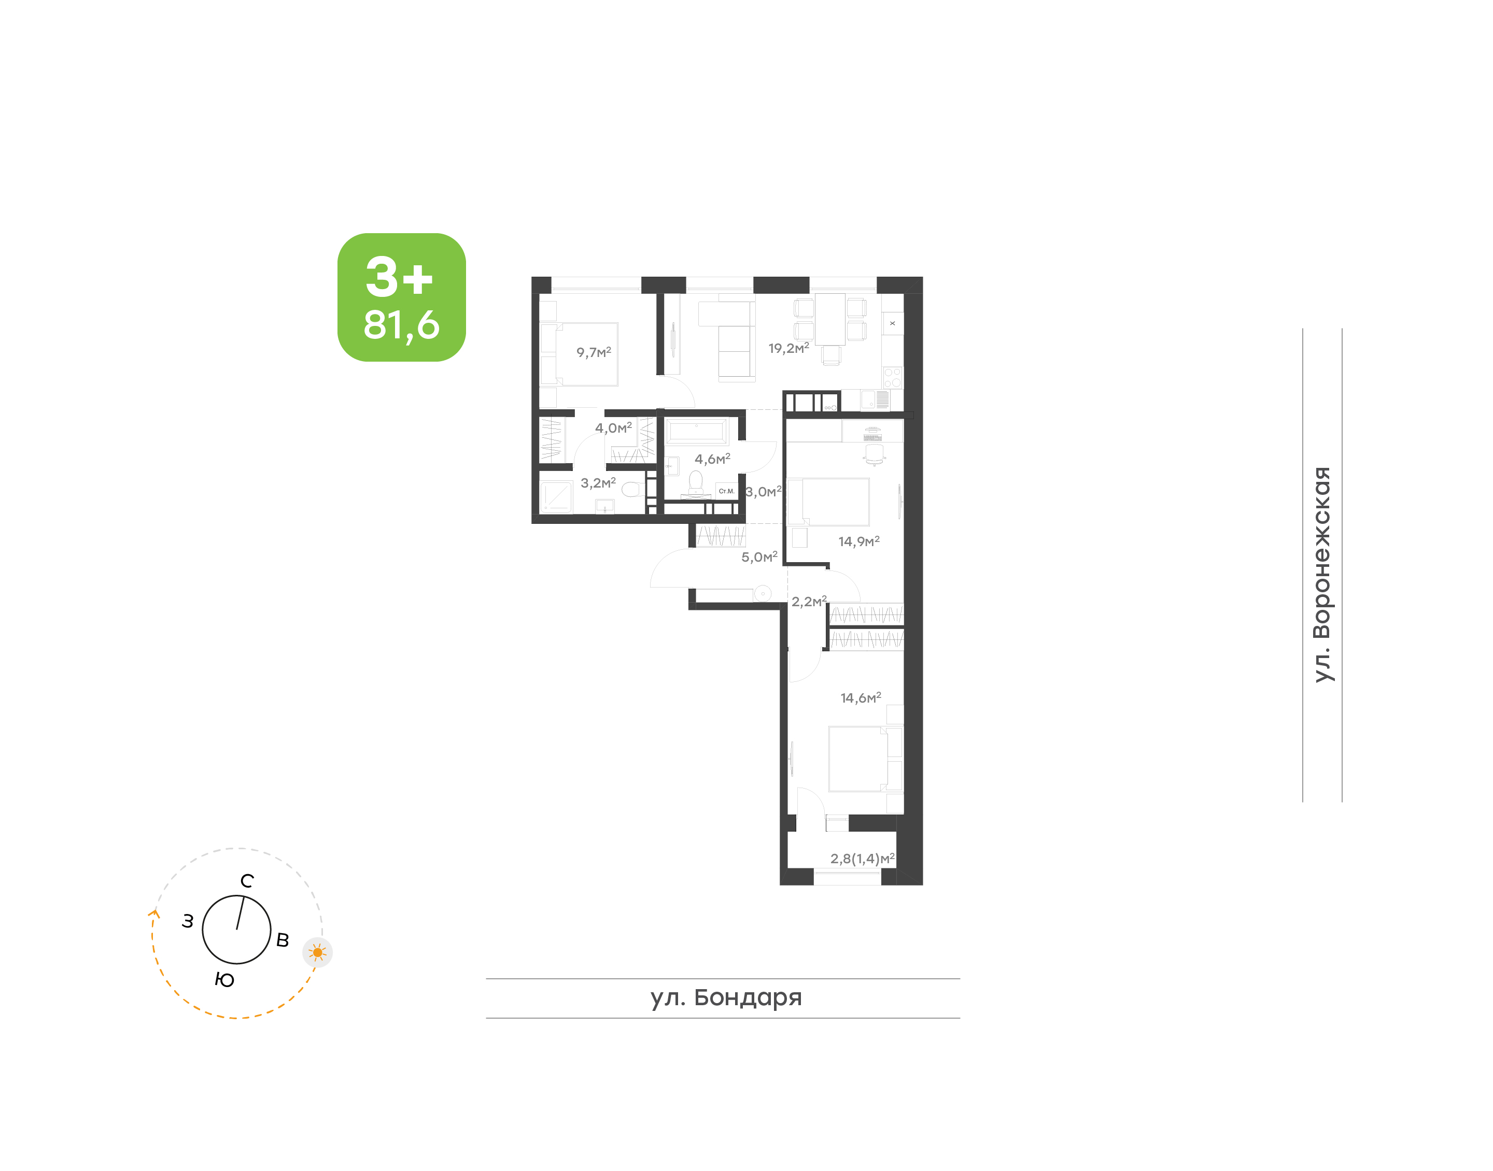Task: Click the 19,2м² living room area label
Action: tap(788, 348)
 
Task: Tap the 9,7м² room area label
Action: tap(593, 352)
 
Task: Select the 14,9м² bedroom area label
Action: tap(858, 541)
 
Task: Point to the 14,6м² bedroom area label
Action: tap(861, 698)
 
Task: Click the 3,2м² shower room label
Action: tap(598, 483)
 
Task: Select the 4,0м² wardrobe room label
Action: tap(613, 429)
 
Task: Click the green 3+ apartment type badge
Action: tap(401, 297)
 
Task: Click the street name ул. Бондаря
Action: tap(726, 997)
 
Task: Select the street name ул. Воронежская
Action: tap(1321, 574)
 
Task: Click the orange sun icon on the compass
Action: tap(318, 952)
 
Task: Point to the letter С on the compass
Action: tap(247, 881)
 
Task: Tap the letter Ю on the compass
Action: tap(224, 980)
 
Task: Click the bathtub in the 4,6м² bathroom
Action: tap(696, 431)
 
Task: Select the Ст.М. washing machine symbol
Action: tap(726, 491)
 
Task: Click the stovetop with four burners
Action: tap(892, 378)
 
